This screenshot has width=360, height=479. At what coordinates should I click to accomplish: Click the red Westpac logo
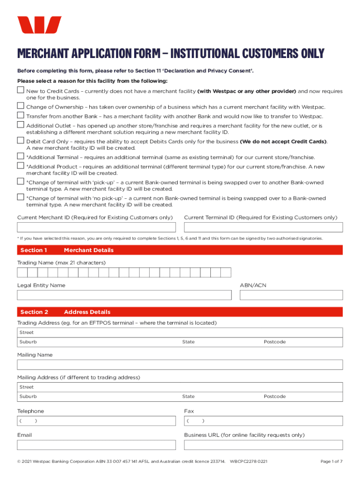[39, 25]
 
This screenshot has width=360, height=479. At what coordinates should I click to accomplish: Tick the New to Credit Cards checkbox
[21, 91]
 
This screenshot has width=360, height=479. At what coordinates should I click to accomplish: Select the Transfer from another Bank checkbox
[21, 115]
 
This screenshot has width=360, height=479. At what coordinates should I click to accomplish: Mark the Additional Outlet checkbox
[21, 125]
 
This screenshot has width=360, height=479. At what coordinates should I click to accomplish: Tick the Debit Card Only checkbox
[21, 141]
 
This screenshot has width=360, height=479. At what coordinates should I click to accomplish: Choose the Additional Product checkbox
[21, 166]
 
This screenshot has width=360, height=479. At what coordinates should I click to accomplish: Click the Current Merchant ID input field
[96, 227]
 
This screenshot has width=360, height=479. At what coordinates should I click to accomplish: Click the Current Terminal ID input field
[263, 227]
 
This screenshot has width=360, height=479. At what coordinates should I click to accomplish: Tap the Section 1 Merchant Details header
[180, 250]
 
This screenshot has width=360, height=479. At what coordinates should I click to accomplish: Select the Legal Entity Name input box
[124, 295]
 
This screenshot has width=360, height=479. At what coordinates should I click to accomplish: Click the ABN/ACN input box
[291, 295]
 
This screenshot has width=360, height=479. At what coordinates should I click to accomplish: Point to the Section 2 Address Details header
[180, 312]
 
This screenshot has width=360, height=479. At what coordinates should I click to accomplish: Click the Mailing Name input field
[180, 365]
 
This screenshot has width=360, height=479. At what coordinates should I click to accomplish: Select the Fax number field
[263, 421]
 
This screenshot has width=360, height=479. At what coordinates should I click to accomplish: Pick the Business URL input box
[263, 445]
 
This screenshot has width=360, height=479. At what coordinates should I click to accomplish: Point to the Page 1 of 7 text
[331, 462]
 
